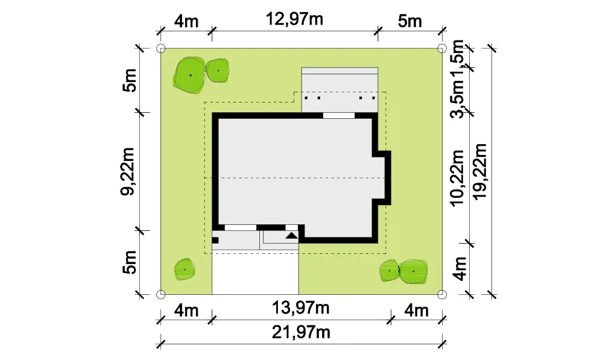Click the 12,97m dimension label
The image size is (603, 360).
tap(294, 19)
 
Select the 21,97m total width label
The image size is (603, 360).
tap(301, 332)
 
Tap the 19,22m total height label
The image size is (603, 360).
tap(480, 171)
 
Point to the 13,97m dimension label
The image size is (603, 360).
tap(301, 308)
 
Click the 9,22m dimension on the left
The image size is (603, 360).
tap(128, 171)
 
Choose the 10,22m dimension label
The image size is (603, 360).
tap(458, 178)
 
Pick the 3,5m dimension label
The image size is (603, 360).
tap(458, 99)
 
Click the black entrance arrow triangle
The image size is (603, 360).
tap(291, 235)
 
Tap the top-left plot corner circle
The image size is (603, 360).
tap(161, 48)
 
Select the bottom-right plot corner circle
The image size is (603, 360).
tap(442, 295)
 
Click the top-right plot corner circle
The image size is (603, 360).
tap(442, 48)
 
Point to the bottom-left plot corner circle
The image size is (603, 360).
tap(161, 295)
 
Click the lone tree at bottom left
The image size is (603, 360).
tap(185, 269)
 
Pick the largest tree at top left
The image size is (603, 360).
tap(189, 75)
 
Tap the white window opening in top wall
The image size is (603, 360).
tap(338, 115)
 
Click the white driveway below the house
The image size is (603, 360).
tap(255, 273)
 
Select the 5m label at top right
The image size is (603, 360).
tap(410, 21)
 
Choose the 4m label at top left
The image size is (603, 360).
tap(186, 21)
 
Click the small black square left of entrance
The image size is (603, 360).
tap(215, 241)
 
